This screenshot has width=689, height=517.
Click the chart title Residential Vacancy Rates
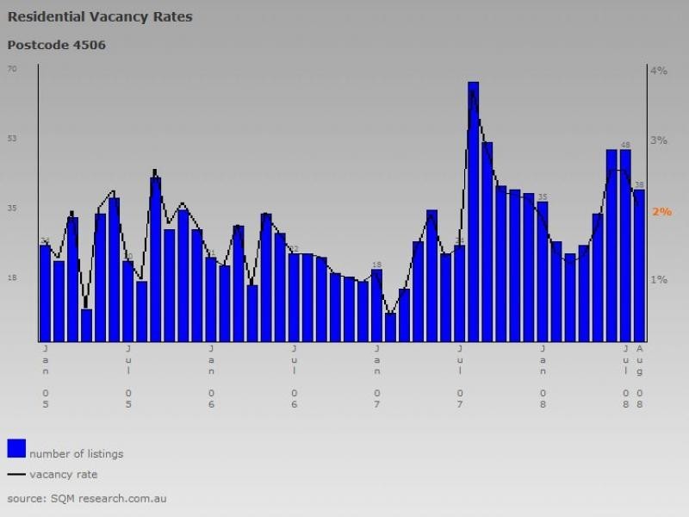click(100, 16)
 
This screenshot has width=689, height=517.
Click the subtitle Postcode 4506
click(57, 45)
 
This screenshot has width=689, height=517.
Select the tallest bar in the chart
click(473, 211)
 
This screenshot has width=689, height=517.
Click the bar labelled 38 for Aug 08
click(639, 265)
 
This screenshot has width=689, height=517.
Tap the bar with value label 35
click(543, 271)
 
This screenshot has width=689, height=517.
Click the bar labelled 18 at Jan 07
click(376, 304)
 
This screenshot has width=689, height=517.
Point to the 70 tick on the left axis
click(12, 69)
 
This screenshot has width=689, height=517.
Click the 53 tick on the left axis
click(12, 139)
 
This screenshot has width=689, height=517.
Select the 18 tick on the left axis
click(12, 278)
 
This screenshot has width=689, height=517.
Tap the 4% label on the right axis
click(659, 71)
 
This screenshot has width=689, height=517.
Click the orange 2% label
click(661, 211)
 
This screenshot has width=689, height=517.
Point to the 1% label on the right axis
click(659, 280)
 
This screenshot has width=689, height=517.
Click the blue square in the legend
click(16, 448)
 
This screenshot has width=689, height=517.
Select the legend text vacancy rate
click(63, 474)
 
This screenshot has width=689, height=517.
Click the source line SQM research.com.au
click(86, 498)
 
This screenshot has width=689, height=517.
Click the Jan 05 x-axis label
click(46, 376)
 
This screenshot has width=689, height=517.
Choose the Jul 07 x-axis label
click(460, 376)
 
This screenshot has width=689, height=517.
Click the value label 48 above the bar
click(625, 145)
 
